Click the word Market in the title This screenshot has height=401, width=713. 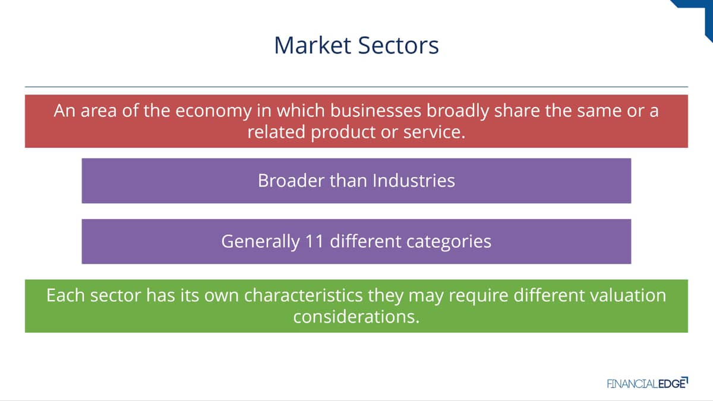(x=313, y=46)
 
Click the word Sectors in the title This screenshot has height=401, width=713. (x=399, y=46)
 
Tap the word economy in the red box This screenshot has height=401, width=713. (x=213, y=112)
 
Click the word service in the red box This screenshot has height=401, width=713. (x=434, y=132)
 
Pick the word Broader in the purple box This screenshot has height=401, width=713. (x=291, y=181)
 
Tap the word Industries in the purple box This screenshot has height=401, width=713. (x=414, y=181)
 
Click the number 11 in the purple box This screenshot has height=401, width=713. (x=314, y=241)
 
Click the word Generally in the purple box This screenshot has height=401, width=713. (x=261, y=242)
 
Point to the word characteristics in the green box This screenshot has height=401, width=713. (x=304, y=295)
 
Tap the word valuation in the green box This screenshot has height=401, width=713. (x=628, y=295)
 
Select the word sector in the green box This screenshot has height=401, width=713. (x=115, y=296)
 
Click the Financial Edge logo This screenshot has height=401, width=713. (x=648, y=383)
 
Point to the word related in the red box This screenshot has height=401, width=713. (x=276, y=132)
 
